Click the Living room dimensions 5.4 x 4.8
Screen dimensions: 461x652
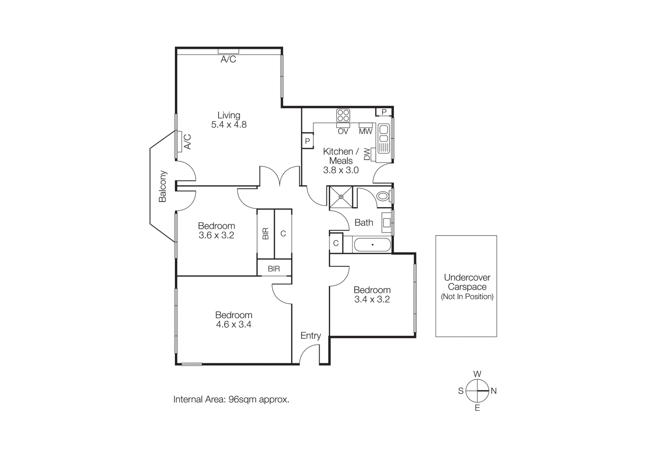[x=229, y=125]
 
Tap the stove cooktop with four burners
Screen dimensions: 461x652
[x=343, y=115]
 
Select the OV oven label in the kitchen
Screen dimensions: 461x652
[x=343, y=131]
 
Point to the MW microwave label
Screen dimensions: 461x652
[x=366, y=131]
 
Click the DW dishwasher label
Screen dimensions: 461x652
[x=367, y=154]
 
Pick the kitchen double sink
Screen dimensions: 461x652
[x=383, y=139]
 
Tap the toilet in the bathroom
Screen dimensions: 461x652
[x=383, y=196]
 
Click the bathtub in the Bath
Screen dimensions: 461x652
[x=372, y=245]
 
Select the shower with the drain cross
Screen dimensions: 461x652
[x=341, y=197]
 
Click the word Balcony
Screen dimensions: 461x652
[x=163, y=186]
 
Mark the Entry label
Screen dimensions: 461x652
[x=311, y=335]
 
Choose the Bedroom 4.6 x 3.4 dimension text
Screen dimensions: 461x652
[x=233, y=324]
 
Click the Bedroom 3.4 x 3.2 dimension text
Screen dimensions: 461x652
[x=372, y=299]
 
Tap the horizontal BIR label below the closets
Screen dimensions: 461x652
[x=274, y=269]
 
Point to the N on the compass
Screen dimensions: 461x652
[x=493, y=391]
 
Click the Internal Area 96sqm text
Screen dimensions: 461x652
[x=231, y=399]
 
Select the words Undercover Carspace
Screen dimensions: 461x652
[x=467, y=282]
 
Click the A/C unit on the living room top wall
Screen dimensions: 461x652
[x=228, y=51]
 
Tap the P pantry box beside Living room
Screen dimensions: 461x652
[x=308, y=141]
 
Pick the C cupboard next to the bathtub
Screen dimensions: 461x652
[x=336, y=243]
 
